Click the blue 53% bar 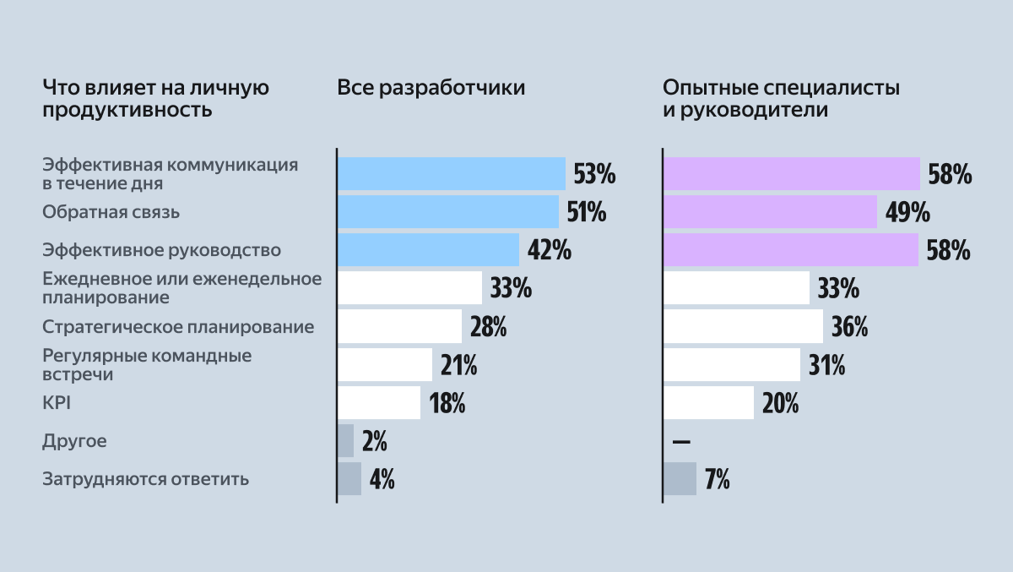tap(451, 173)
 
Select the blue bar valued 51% tap(447, 211)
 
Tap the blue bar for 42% tap(428, 250)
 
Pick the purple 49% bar tap(770, 211)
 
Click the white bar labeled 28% tap(399, 326)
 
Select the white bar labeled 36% tap(743, 326)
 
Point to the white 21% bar tap(385, 364)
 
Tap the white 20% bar tap(708, 403)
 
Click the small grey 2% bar tap(345, 441)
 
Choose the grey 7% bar tap(680, 479)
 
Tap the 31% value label tap(827, 365)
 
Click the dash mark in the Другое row tap(681, 442)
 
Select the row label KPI tap(57, 403)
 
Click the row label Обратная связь tap(111, 212)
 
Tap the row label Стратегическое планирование tap(178, 326)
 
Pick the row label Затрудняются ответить tap(145, 479)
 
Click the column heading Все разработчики tap(431, 89)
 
